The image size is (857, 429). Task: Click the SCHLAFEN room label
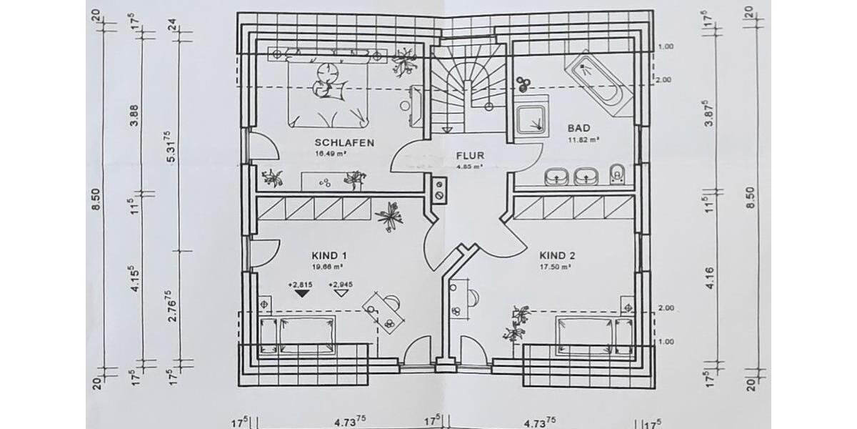[x=344, y=143]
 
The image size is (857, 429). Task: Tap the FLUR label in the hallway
[x=471, y=155]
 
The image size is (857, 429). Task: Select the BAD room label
[x=578, y=129]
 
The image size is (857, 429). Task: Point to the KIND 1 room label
[x=329, y=255]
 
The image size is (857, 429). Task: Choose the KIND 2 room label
[x=557, y=255]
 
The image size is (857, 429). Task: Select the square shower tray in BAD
[x=531, y=119]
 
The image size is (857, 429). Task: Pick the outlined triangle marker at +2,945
[x=341, y=292]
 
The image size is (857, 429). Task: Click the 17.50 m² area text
[x=556, y=267]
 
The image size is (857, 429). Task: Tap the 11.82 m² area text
[x=583, y=140]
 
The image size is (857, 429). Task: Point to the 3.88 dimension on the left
[x=135, y=114]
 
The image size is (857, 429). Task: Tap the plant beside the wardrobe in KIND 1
[x=390, y=216]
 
